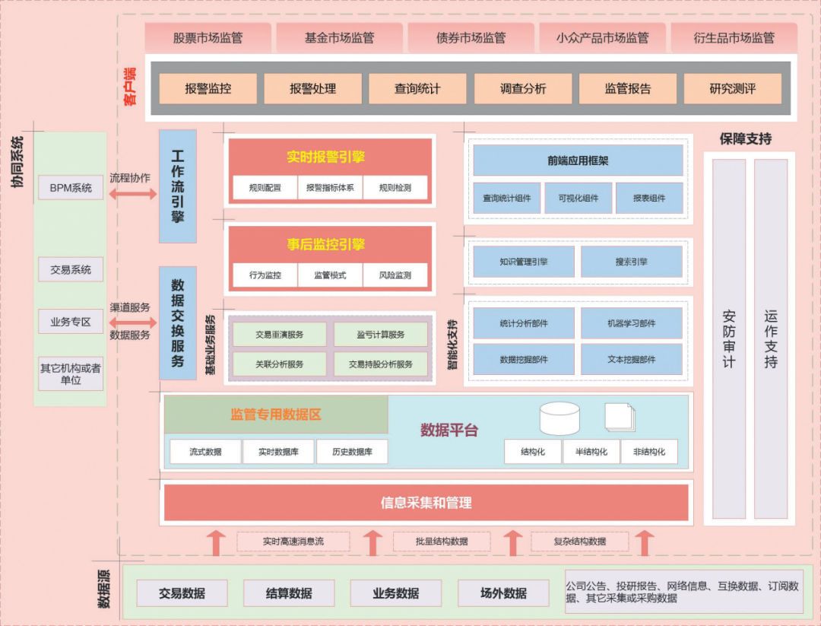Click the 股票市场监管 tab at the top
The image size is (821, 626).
[208, 37]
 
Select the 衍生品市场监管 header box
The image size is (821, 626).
[734, 37]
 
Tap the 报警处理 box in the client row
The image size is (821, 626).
[312, 88]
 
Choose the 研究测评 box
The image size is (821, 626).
[732, 88]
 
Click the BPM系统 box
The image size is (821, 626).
[71, 187]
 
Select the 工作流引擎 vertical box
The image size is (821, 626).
[178, 186]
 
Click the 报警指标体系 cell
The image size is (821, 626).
[330, 187]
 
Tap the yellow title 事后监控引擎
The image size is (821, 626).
[325, 244]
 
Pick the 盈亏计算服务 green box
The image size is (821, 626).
[381, 334]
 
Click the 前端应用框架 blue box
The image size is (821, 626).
[578, 160]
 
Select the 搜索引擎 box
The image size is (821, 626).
[632, 262]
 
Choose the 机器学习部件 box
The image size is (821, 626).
[632, 323]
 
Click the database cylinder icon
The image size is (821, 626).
[559, 418]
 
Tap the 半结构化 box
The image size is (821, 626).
[591, 452]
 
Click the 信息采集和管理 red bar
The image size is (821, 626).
[426, 503]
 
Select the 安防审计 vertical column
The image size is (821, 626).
[728, 338]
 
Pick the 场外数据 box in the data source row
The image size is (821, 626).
[503, 593]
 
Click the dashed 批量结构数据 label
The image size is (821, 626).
[442, 542]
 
